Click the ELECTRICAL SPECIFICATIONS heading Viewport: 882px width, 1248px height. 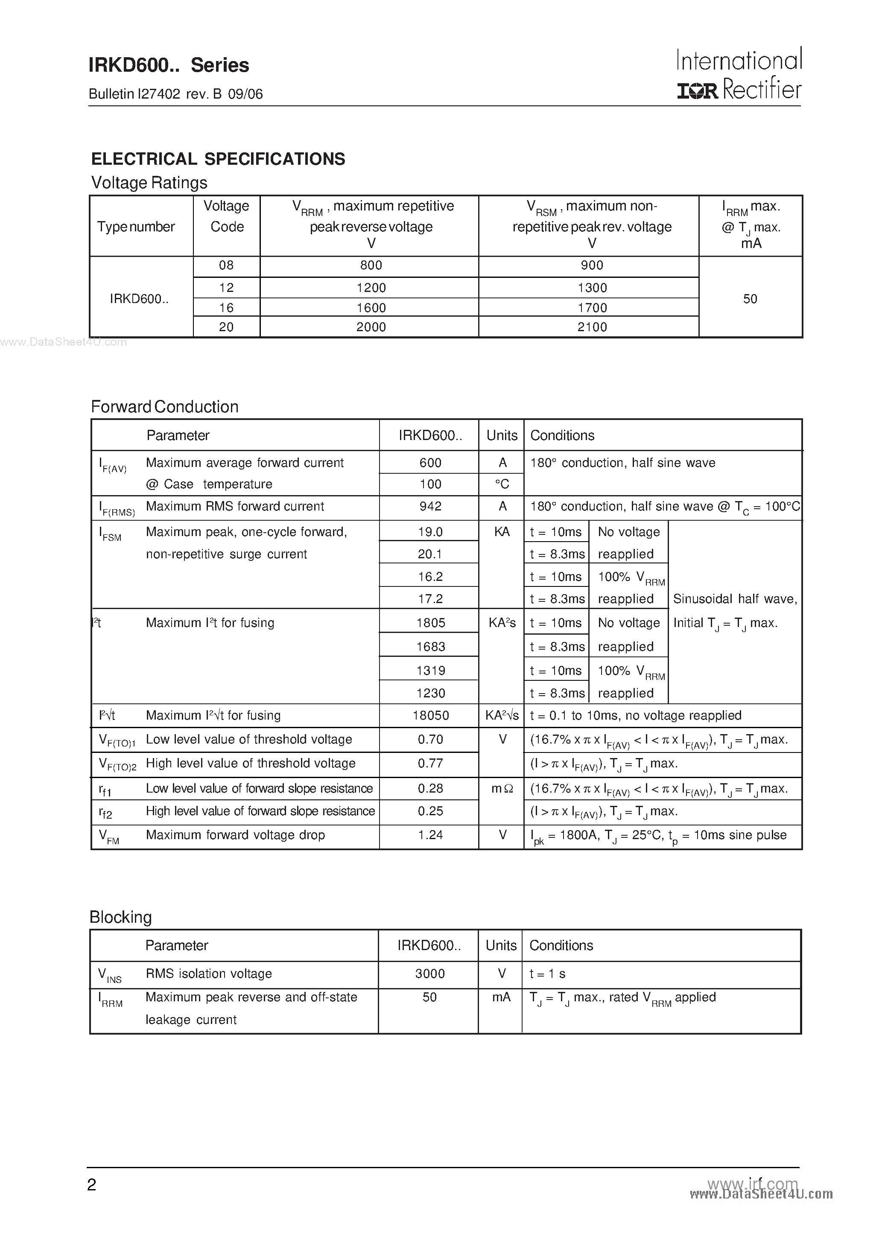coord(218,159)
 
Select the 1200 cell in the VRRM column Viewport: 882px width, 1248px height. coord(371,288)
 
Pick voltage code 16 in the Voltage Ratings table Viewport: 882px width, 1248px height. coord(226,308)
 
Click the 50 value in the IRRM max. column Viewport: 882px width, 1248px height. coord(750,298)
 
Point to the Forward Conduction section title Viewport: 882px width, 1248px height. coord(165,407)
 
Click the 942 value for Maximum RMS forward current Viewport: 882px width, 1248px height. coord(430,506)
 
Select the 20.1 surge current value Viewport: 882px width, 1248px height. coord(430,554)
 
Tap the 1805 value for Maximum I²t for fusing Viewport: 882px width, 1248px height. coord(431,622)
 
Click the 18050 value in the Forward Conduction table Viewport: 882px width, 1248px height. coord(431,715)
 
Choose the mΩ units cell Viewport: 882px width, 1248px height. coord(502,788)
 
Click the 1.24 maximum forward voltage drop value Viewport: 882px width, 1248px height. coord(430,835)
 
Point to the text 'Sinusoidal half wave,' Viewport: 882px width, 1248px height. coord(735,599)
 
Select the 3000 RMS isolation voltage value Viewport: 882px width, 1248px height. coord(429,974)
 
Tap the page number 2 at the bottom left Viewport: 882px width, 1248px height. coord(92,1185)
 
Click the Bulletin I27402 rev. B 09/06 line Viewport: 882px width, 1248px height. coord(175,94)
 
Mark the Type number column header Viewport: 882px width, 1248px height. coord(136,227)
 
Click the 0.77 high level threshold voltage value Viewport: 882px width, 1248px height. coord(430,763)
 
